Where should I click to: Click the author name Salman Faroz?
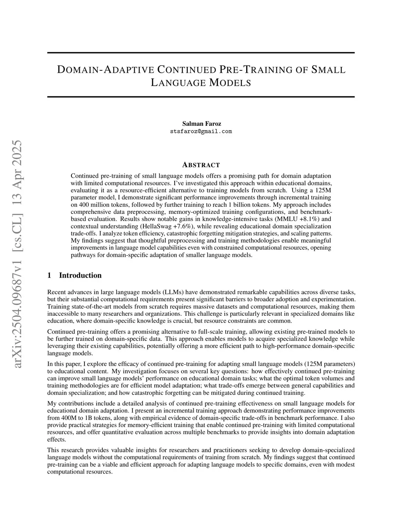(x=201, y=124)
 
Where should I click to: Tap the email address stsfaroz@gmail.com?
(x=201, y=131)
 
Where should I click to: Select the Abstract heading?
(x=201, y=165)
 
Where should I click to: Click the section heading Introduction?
(x=80, y=275)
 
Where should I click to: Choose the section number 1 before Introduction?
(x=49, y=275)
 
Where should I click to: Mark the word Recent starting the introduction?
(x=56, y=292)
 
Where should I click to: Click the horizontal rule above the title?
(x=201, y=53)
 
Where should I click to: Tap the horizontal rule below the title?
(x=201, y=97)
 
